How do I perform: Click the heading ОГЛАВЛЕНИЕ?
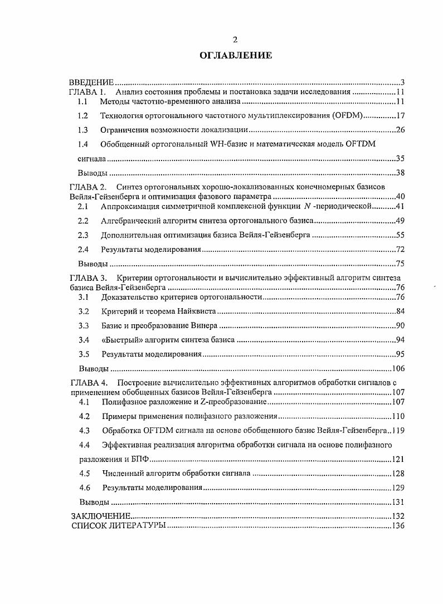point(236,55)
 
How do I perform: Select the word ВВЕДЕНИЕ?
point(91,82)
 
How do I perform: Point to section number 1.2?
point(83,116)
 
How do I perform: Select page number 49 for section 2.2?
point(400,221)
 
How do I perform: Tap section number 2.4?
point(84,249)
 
